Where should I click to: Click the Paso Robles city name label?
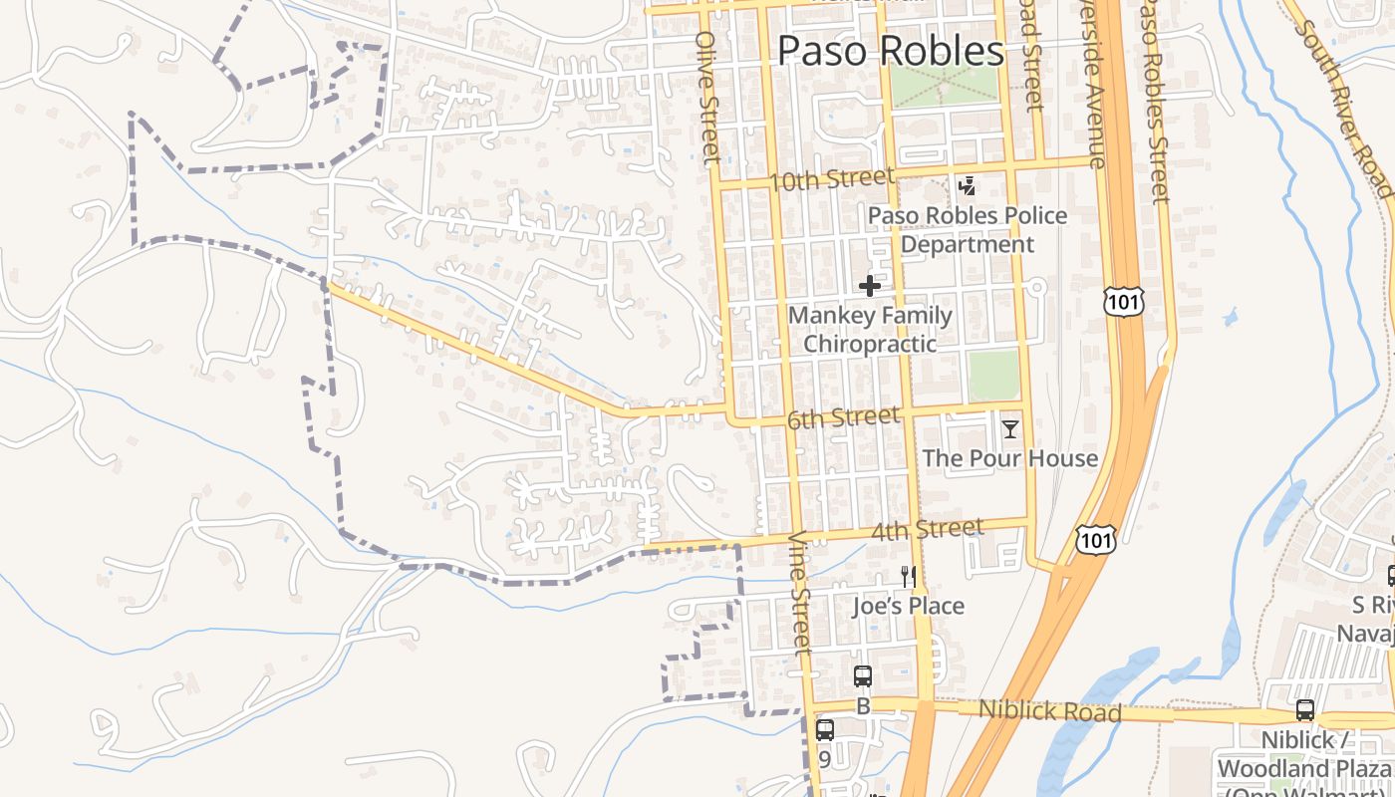890,51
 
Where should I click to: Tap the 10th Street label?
832,179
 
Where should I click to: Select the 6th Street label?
843,417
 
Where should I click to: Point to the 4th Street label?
927,529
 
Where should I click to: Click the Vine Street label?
802,592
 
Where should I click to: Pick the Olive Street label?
707,96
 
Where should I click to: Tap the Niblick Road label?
1049,711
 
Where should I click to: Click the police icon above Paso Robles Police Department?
966,185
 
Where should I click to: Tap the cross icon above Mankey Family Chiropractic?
870,286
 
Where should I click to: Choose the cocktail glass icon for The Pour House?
1010,429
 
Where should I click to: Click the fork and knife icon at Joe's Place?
908,576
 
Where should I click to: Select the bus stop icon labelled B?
863,676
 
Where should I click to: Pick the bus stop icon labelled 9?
825,729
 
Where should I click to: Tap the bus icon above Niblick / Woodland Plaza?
1304,710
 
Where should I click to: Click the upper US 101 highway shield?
1124,301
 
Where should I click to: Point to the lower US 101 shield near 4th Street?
1096,540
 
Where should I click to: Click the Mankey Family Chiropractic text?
870,330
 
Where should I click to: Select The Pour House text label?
1010,458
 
